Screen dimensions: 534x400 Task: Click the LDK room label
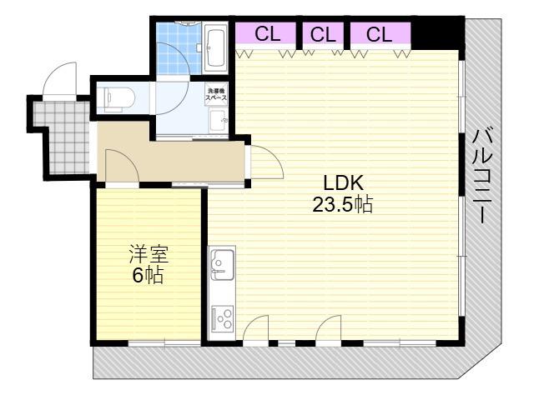pyautogui.click(x=343, y=183)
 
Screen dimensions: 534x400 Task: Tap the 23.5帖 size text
pyautogui.click(x=343, y=205)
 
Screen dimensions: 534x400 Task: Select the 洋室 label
pyautogui.click(x=149, y=254)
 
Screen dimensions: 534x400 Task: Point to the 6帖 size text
pyautogui.click(x=148, y=275)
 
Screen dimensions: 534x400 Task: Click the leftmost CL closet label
pyautogui.click(x=267, y=33)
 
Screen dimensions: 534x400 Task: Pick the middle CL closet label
pyautogui.click(x=323, y=34)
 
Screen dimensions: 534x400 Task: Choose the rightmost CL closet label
pyautogui.click(x=379, y=34)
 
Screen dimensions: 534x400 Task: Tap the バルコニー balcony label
pyautogui.click(x=483, y=177)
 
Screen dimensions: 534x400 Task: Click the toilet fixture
pyautogui.click(x=116, y=98)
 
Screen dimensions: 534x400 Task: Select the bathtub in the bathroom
pyautogui.click(x=214, y=47)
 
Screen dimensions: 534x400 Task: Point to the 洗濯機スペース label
pyautogui.click(x=216, y=94)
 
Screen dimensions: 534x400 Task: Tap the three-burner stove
pyautogui.click(x=223, y=319)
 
